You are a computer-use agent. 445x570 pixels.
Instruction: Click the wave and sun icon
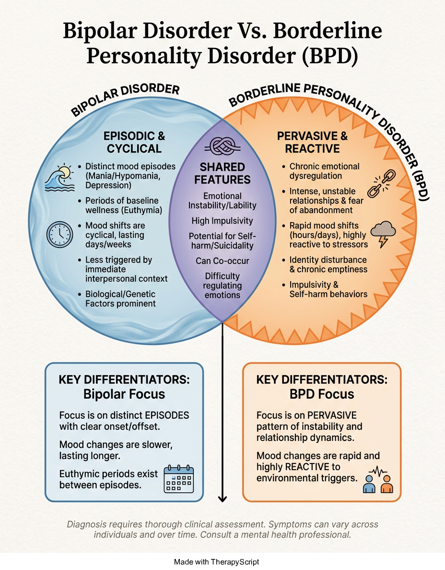point(59,178)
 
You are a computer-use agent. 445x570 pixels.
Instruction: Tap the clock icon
point(59,235)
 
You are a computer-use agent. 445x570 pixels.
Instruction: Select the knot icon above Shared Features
point(222,146)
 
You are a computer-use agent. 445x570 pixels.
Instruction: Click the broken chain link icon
point(381,183)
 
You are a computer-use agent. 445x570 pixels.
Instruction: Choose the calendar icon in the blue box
point(179,479)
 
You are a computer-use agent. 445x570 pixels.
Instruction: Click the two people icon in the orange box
point(378,479)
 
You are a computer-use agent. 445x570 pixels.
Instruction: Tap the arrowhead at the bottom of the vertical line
point(222,499)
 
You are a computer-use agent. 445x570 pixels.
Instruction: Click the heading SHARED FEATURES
point(222,173)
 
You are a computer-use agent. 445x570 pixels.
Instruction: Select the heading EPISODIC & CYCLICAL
point(134,142)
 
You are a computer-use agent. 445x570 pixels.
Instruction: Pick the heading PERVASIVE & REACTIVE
point(312,142)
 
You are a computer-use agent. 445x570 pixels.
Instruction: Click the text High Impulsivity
point(222,221)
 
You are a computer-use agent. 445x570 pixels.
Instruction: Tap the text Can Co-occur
point(222,261)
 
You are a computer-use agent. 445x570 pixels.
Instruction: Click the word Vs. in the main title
point(252,31)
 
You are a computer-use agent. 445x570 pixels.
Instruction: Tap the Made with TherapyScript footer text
point(217,562)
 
